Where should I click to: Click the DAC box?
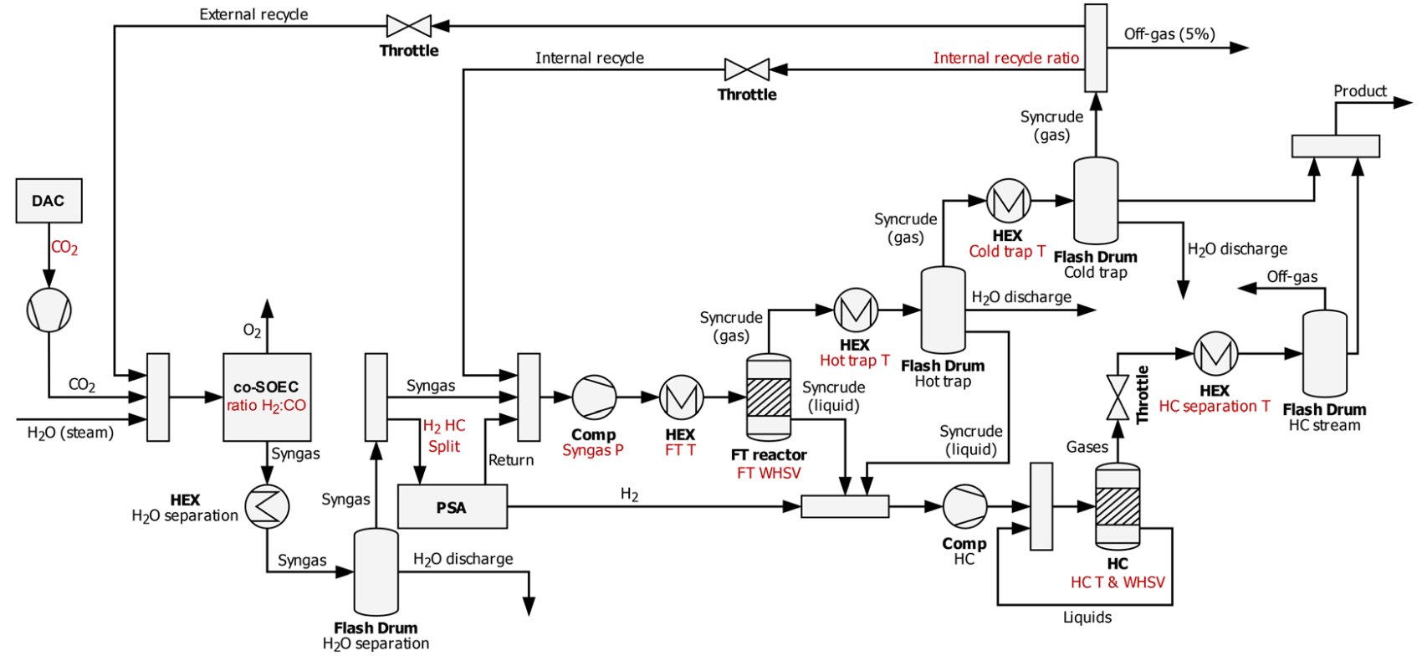[49, 201]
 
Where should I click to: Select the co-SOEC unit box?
[267, 397]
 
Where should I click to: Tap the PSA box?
[452, 507]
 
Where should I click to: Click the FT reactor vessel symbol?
[768, 397]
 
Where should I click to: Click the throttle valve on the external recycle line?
[409, 26]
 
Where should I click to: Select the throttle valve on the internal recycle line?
[746, 69]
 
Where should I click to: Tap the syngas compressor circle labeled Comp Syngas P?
[594, 397]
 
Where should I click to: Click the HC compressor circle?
[964, 506]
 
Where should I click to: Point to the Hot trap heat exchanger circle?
[855, 310]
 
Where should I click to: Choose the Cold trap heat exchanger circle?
[1008, 201]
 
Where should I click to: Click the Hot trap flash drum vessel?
[943, 310]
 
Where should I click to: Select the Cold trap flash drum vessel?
[1096, 201]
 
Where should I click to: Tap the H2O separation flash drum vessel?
[376, 571]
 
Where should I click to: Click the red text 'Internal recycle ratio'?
[1005, 59]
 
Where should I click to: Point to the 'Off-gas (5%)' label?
[1169, 34]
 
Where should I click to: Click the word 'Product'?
[1359, 91]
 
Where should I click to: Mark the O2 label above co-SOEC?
[252, 331]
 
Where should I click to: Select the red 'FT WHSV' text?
[768, 474]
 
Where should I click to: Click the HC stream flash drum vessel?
[1324, 354]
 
